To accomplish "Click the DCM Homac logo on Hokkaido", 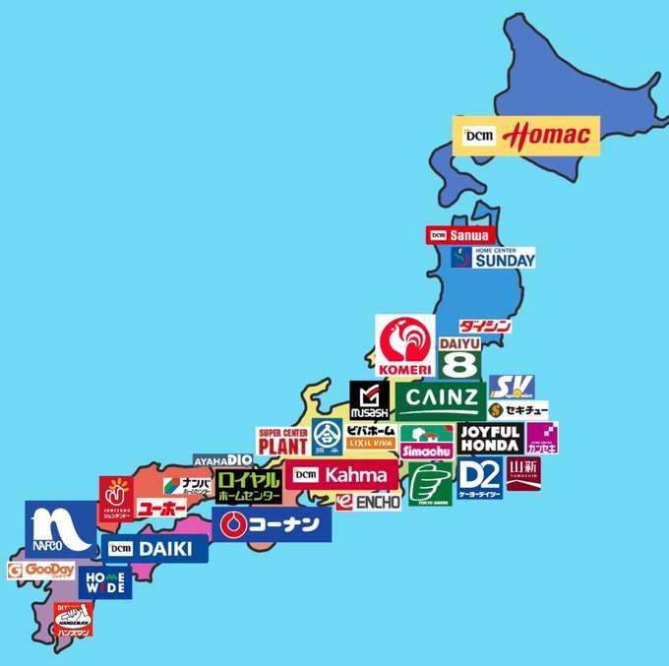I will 525,135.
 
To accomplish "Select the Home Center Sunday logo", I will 493,258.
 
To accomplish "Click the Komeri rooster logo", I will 405,345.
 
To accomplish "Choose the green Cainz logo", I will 440,399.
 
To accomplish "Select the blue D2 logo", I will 480,476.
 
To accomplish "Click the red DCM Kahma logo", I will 343,474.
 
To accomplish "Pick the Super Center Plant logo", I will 283,442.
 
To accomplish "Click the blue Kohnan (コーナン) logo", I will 272,523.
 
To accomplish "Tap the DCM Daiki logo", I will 157,548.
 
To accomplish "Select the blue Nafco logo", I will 60,527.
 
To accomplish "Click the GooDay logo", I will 41,572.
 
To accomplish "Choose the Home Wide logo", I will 105,581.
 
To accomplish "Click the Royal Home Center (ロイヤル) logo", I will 249,486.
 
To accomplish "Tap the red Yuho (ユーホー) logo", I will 160,508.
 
